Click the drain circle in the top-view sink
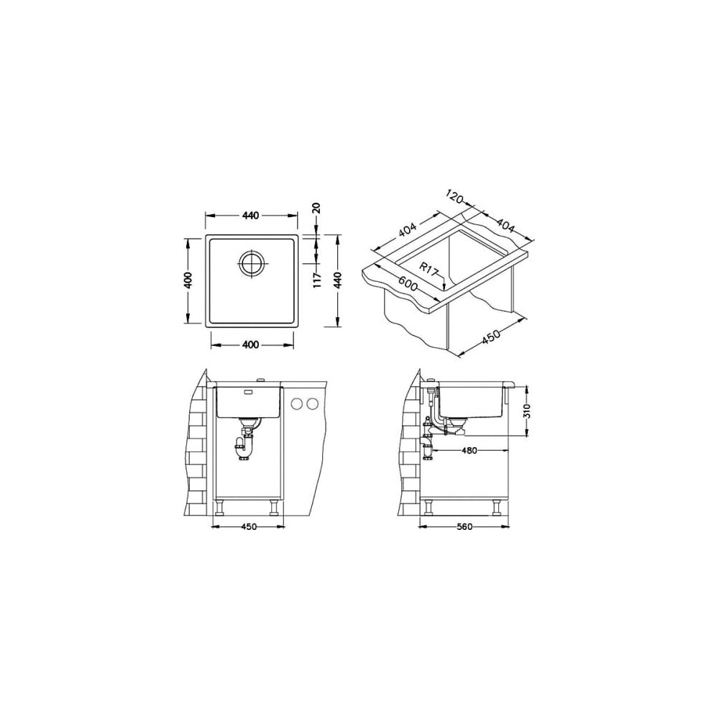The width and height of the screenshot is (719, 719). coord(251,263)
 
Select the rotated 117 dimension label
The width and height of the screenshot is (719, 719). coord(317,279)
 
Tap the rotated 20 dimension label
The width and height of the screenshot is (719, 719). coord(316,209)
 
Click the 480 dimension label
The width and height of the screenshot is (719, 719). coord(469,451)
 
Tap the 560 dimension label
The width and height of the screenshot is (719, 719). coord(464,527)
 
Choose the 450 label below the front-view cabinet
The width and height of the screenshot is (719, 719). coord(249,527)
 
